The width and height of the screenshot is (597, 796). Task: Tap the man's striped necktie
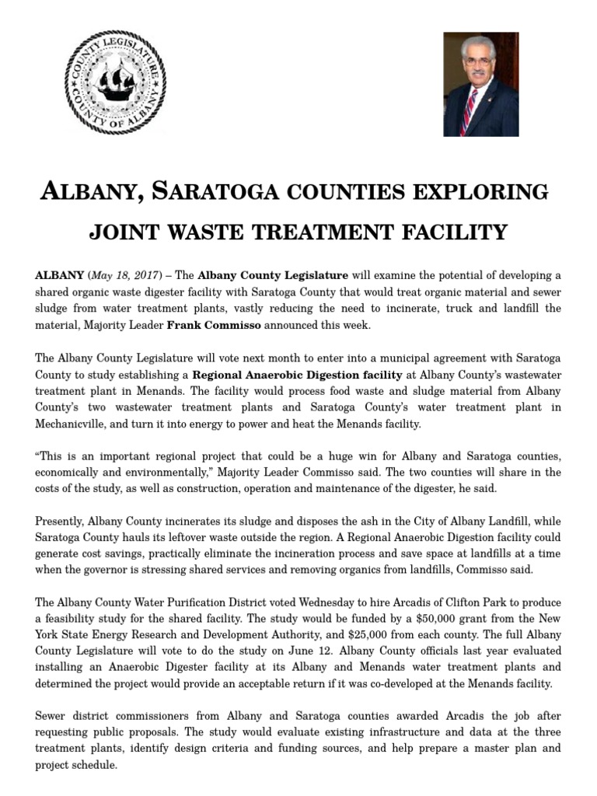[470, 112]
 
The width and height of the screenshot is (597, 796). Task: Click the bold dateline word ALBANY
[59, 275]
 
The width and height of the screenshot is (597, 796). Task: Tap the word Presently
[59, 521]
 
